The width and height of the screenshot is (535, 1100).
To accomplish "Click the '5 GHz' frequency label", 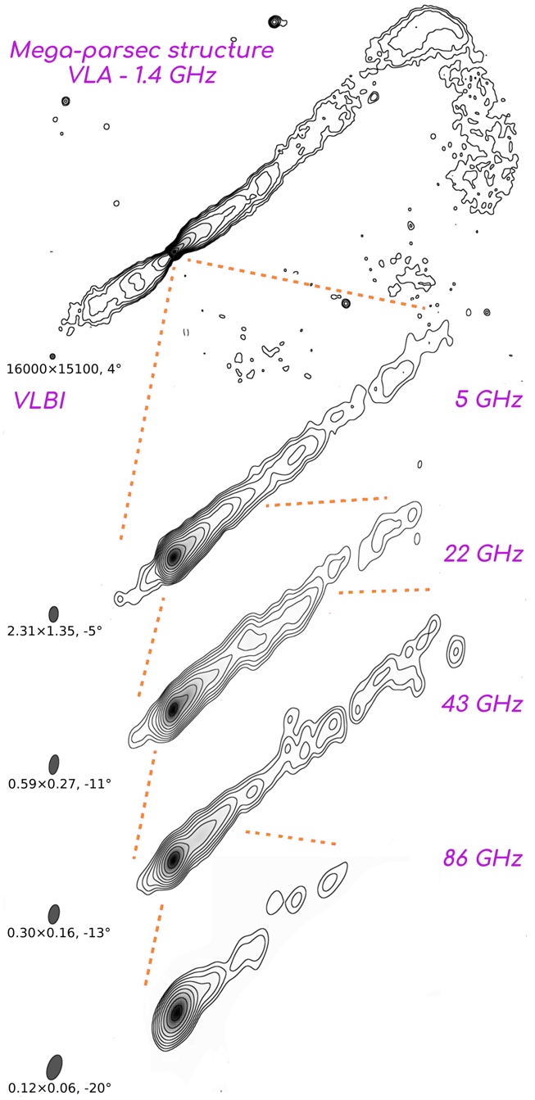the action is click(x=487, y=399).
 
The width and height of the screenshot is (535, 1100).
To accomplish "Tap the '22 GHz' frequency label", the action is click(x=483, y=554).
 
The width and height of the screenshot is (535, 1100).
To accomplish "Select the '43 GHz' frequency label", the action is click(x=482, y=704).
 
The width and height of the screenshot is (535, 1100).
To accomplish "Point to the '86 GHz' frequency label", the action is click(x=483, y=858).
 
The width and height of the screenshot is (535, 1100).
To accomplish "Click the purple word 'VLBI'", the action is click(x=39, y=401).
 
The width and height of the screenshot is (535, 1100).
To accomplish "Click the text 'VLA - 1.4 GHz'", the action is click(x=142, y=75).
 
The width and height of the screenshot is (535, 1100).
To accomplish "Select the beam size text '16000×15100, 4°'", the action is click(x=64, y=369).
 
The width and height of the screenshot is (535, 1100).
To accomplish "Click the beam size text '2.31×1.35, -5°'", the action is click(x=55, y=630).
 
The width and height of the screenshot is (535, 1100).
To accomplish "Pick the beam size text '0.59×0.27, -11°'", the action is click(x=60, y=783).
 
